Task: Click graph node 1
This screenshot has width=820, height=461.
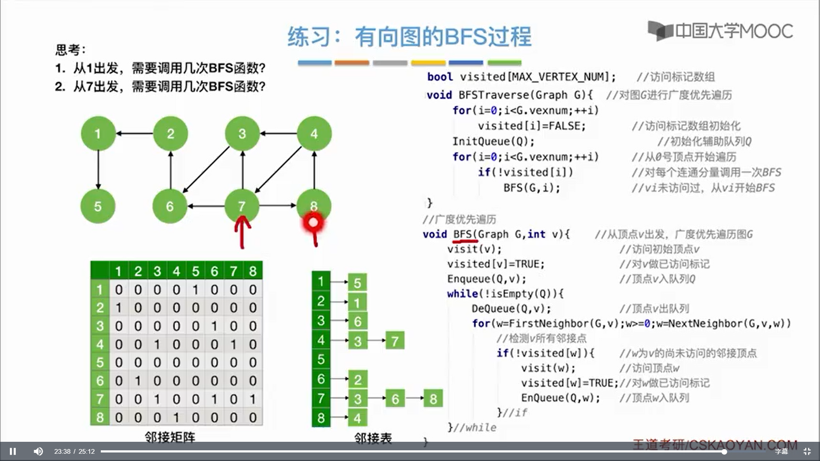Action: (x=98, y=134)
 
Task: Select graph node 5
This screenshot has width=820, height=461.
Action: (x=98, y=207)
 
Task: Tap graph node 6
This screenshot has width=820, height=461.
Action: (x=170, y=207)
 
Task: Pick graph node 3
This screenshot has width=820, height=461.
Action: (x=242, y=134)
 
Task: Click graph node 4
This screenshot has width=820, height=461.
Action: (x=314, y=134)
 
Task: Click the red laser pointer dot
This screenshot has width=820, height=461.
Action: (x=313, y=222)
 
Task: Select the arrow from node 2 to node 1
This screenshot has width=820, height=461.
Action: (x=135, y=134)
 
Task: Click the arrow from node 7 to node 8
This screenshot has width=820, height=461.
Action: (x=278, y=206)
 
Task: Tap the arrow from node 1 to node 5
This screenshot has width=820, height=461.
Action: (x=98, y=170)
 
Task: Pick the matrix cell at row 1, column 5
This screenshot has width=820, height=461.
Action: (x=195, y=290)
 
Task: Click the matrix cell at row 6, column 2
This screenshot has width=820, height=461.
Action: (x=138, y=381)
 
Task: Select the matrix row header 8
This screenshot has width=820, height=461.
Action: (x=100, y=417)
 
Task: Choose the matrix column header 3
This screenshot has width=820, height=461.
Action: (x=157, y=271)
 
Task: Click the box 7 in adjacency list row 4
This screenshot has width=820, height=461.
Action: (x=395, y=341)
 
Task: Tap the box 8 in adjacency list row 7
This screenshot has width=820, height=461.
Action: (x=433, y=399)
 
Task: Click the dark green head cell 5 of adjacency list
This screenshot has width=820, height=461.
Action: (x=321, y=359)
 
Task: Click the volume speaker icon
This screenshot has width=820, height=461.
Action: (x=38, y=451)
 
